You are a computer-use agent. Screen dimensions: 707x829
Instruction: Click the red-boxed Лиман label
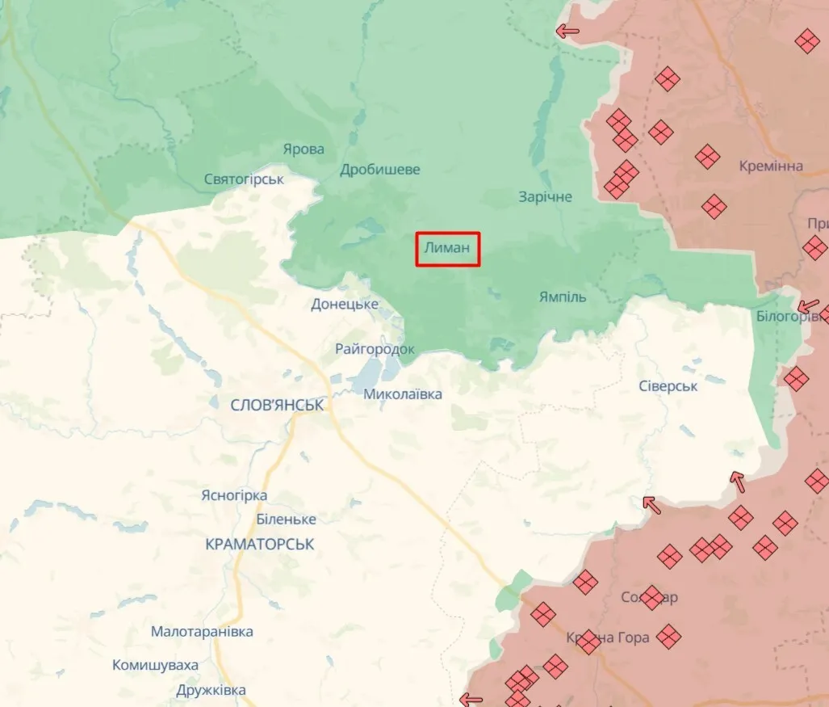point(448,249)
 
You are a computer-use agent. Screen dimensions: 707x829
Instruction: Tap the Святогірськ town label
point(244,179)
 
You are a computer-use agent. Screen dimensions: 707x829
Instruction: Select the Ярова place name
point(304,149)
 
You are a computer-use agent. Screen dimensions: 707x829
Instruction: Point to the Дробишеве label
point(379,170)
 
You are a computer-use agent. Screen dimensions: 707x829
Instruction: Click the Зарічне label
point(545,196)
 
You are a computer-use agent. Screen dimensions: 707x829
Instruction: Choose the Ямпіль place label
point(563,297)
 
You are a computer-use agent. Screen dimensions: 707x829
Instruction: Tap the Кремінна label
point(771,166)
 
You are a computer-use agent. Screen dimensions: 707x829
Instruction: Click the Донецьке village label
point(345,304)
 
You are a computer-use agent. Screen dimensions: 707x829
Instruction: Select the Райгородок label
point(375,349)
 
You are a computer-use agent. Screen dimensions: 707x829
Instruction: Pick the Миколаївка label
point(403,394)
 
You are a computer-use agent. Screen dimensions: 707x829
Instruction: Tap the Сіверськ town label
point(668,385)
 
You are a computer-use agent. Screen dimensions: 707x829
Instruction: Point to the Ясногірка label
point(234,495)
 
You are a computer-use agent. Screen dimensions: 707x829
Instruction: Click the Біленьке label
point(286,519)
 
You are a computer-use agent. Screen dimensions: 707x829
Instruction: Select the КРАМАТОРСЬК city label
point(260,544)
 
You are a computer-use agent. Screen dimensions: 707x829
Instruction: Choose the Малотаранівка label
point(202,631)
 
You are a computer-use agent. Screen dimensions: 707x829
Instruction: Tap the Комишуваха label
point(155,665)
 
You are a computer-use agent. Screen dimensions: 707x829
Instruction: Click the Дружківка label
point(211,691)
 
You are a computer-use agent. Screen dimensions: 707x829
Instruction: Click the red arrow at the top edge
point(567,32)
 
